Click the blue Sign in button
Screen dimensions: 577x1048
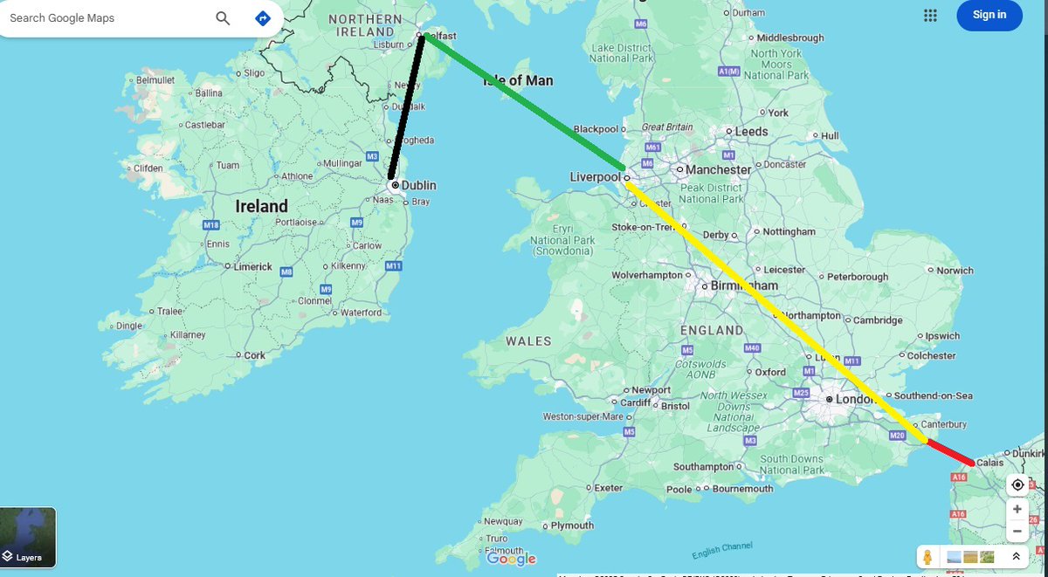[x=989, y=15]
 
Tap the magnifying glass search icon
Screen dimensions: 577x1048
[x=223, y=18]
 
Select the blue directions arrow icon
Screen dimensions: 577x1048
[x=262, y=18]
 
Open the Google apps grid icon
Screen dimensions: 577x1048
[x=930, y=15]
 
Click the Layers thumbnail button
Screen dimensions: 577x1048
[x=28, y=537]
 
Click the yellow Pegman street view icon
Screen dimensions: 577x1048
[x=927, y=556]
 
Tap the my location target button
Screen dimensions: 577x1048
[x=1017, y=485]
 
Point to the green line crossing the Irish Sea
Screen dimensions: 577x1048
[x=524, y=102]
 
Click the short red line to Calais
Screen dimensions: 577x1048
[x=949, y=452]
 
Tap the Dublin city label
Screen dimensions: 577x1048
[x=418, y=185]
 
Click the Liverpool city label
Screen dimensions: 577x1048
[x=594, y=177]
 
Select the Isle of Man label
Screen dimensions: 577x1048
[x=518, y=80]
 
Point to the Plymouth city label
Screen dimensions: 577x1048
[x=572, y=525]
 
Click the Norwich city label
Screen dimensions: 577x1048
[x=955, y=271]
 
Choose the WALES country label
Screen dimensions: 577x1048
[x=528, y=340]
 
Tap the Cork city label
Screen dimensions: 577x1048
[x=255, y=355]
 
